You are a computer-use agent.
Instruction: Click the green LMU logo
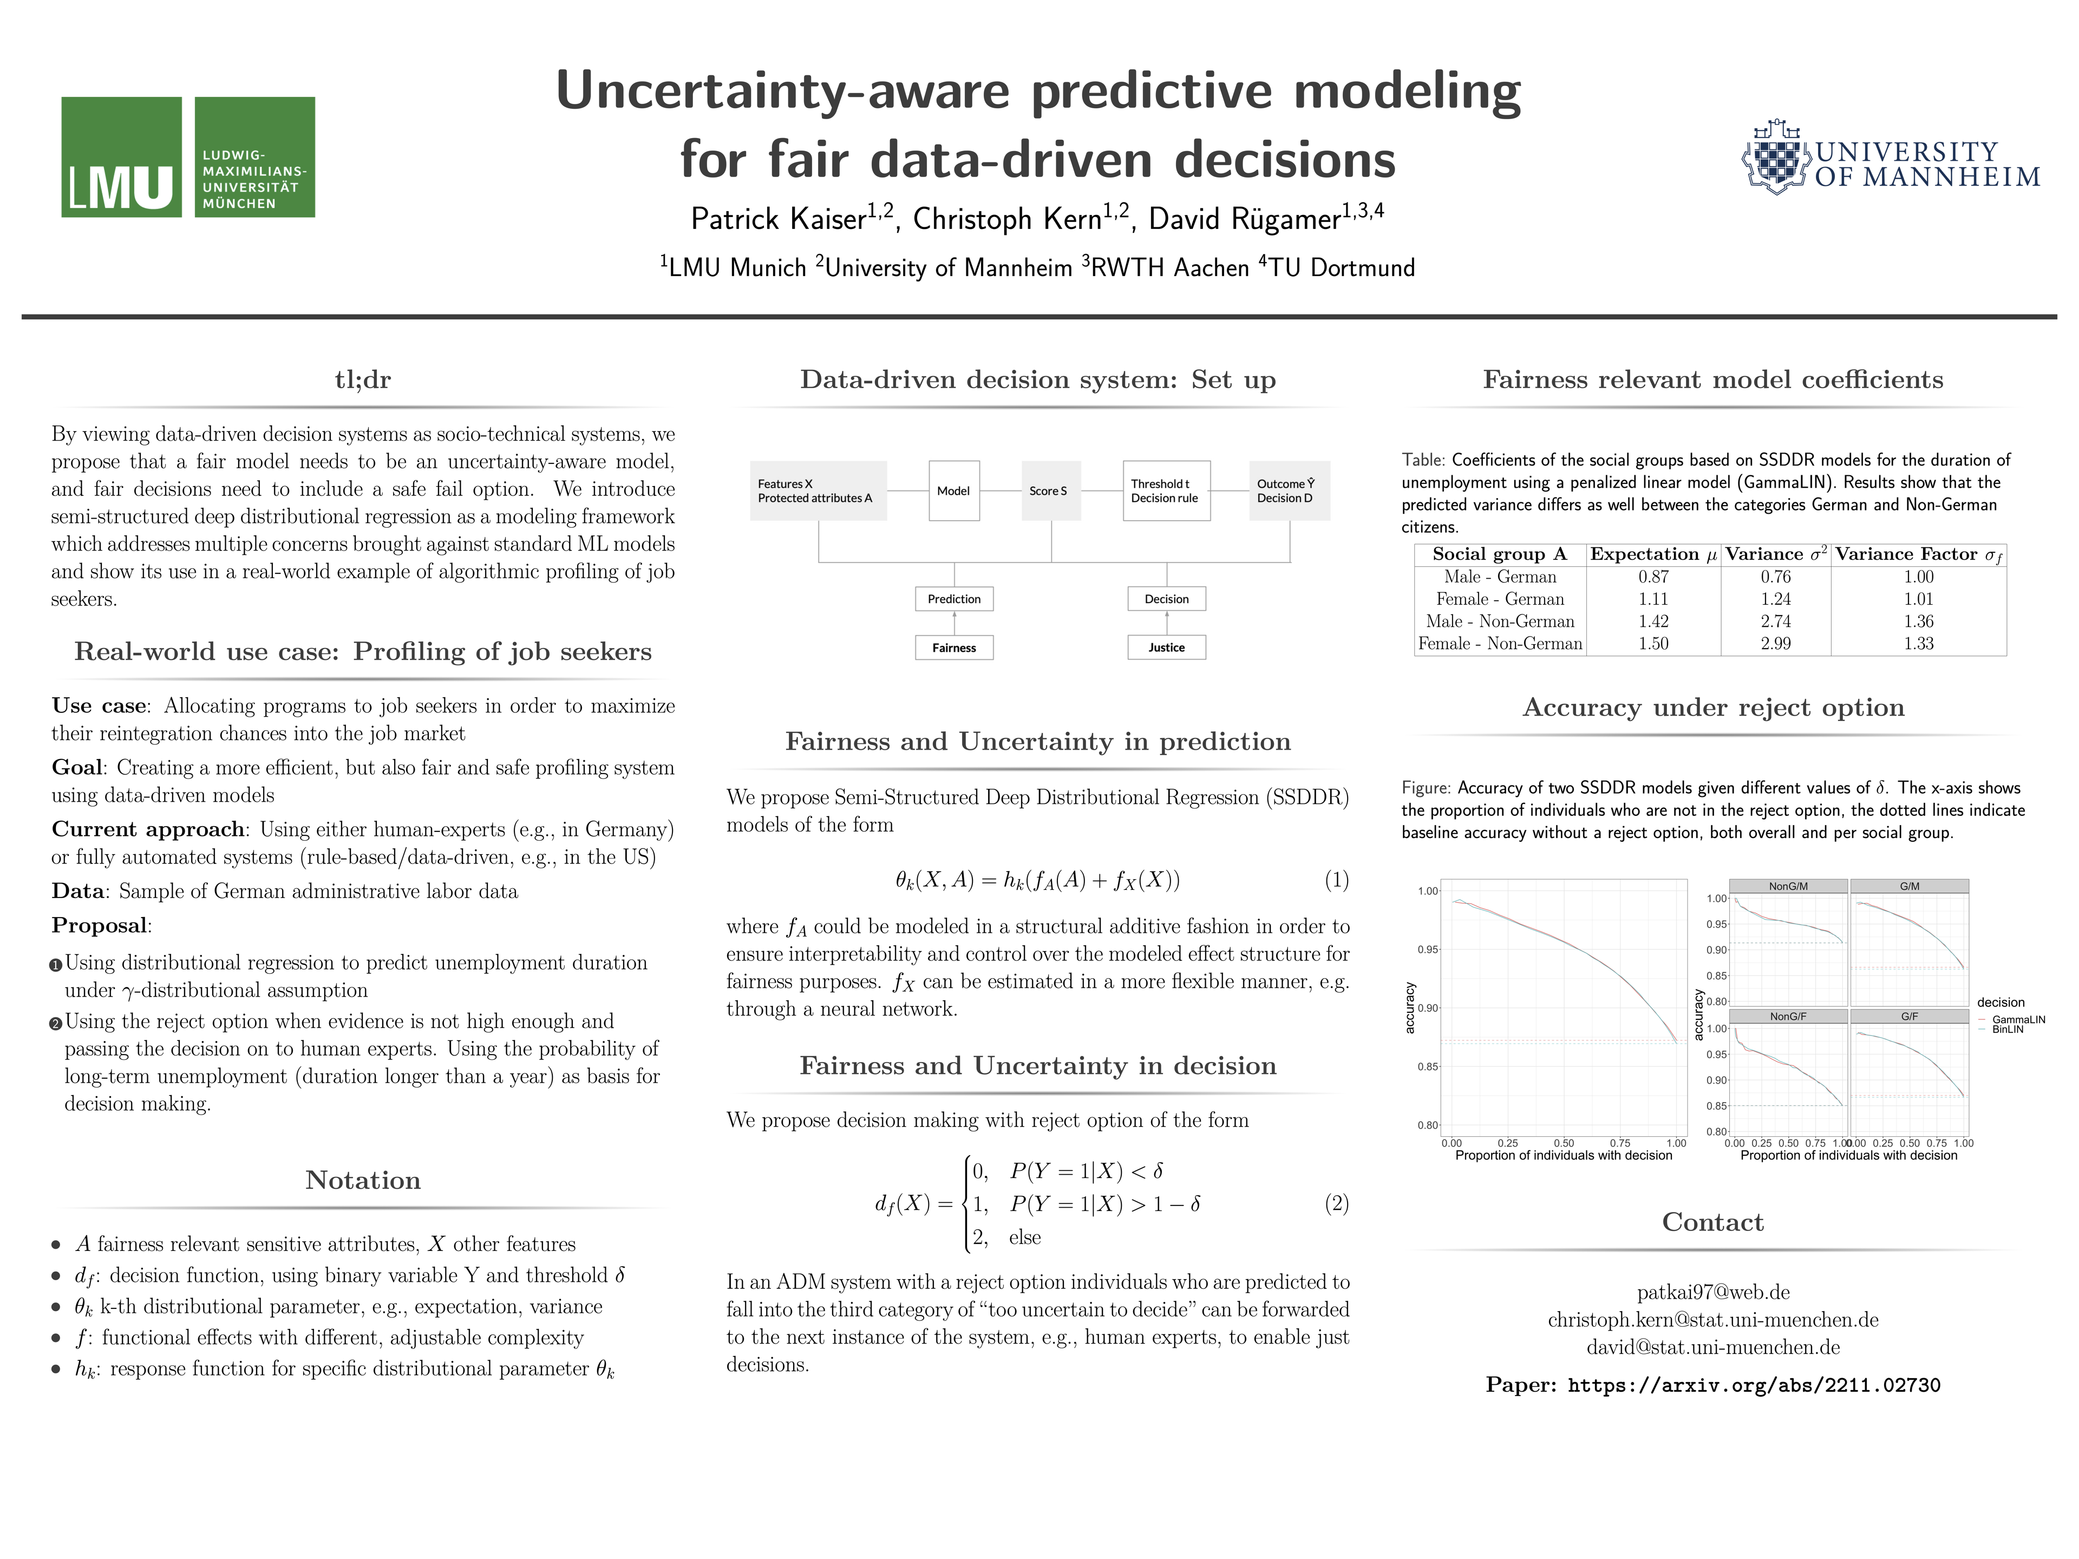tap(188, 157)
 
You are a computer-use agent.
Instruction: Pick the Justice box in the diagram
tap(1166, 647)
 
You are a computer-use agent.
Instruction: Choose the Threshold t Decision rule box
tap(1166, 490)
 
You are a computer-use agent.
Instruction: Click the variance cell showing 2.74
tap(1775, 621)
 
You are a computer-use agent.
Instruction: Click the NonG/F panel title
tap(1788, 1017)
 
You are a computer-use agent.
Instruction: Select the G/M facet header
tap(1909, 886)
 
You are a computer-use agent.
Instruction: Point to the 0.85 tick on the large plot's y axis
tap(1428, 1066)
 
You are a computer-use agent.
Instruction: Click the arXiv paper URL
tap(1753, 1385)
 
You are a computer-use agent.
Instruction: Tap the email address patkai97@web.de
tap(1712, 1292)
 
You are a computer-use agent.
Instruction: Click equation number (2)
tap(1336, 1204)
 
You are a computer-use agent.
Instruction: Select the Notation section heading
tap(363, 1180)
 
